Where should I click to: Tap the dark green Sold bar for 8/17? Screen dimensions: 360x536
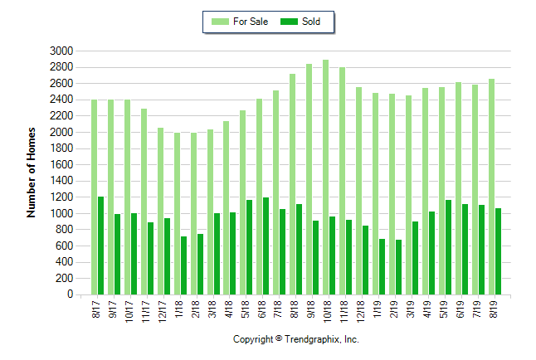[101, 246]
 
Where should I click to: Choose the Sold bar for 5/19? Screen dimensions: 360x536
[449, 247]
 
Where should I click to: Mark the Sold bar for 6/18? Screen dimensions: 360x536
[266, 246]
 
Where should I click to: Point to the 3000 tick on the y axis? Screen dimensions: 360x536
[62, 51]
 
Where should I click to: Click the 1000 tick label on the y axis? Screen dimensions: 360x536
[62, 213]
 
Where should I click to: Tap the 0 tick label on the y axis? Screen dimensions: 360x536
[71, 294]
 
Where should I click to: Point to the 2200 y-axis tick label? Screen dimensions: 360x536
[62, 115]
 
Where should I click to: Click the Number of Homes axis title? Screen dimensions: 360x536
[32, 173]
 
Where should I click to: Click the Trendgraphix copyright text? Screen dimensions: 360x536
[295, 339]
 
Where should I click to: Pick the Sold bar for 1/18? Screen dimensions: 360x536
[183, 265]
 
